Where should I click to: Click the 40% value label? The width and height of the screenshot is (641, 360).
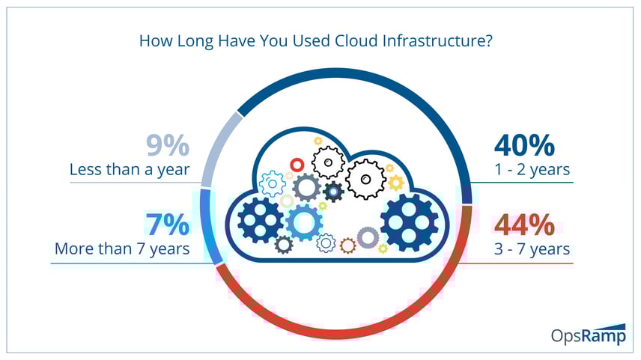524,145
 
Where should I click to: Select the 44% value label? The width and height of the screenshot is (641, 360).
524,225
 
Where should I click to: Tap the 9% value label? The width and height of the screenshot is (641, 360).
168,145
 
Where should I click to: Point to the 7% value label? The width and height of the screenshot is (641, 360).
168,225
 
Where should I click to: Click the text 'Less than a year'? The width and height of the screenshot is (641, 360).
130,170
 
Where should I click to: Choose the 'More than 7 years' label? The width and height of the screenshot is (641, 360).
122,248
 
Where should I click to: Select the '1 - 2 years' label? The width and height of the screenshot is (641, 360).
532,170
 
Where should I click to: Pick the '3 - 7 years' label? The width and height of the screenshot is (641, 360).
532,248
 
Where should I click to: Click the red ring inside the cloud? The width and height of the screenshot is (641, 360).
297,165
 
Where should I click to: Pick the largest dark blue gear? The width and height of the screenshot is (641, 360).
409,223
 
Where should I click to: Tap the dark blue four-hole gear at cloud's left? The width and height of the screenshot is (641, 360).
261,220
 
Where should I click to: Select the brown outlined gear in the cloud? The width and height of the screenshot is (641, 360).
348,245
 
